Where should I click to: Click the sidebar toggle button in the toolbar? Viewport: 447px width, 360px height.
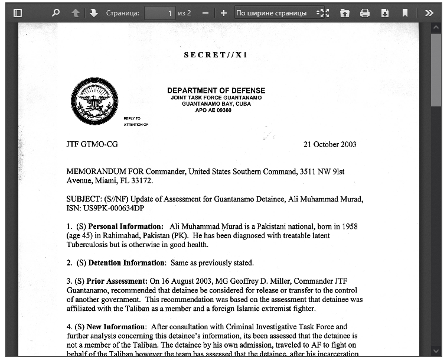pyautogui.click(x=18, y=12)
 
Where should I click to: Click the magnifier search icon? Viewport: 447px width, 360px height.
pyautogui.click(x=56, y=12)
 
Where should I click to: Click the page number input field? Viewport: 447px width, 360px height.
pyautogui.click(x=159, y=12)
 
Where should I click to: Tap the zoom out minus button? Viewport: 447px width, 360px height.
pyautogui.click(x=205, y=12)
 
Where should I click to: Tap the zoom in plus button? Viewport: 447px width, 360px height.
pyautogui.click(x=223, y=12)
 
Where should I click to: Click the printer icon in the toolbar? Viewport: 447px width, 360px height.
pyautogui.click(x=365, y=12)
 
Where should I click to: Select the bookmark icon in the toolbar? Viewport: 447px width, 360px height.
pyautogui.click(x=405, y=12)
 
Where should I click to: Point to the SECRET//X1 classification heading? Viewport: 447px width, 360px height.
pyautogui.click(x=216, y=55)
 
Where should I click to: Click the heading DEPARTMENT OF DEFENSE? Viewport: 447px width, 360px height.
pyautogui.click(x=216, y=90)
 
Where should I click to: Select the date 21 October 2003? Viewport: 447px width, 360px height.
pyautogui.click(x=329, y=144)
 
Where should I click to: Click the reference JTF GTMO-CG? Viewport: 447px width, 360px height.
pyautogui.click(x=92, y=144)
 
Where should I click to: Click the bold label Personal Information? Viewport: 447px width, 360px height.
pyautogui.click(x=126, y=226)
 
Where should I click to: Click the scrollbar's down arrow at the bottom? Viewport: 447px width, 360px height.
pyautogui.click(x=436, y=351)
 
